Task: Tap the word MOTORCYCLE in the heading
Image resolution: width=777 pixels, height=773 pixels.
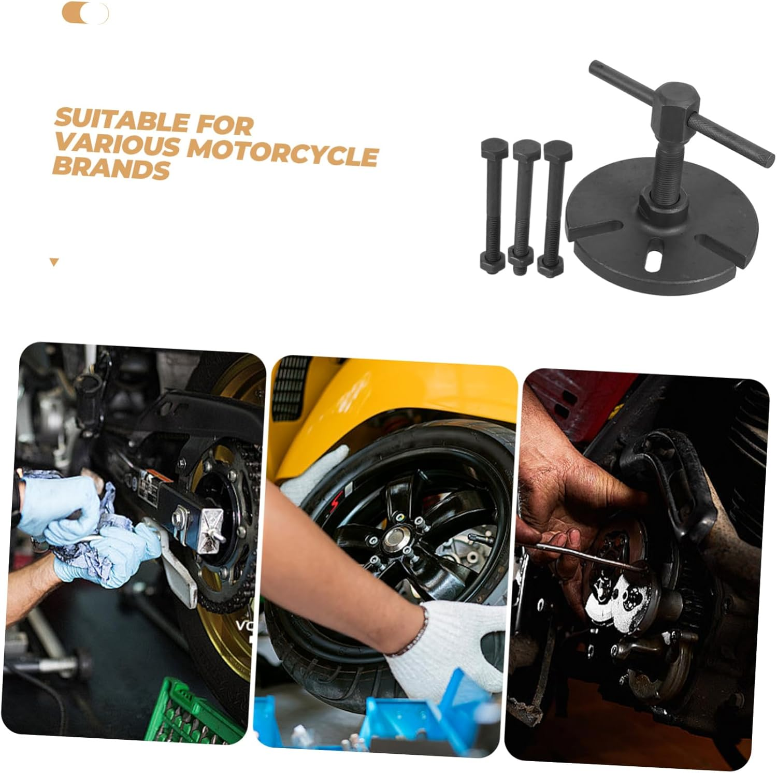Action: coord(282,153)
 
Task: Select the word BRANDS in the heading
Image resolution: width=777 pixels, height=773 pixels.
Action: coord(111,168)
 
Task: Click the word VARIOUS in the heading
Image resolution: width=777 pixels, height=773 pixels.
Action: coord(117,145)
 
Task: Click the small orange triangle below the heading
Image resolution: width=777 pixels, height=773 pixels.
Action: coord(54,262)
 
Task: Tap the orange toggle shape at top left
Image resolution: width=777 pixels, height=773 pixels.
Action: coord(85,13)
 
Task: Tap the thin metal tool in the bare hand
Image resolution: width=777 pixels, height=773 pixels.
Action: coord(585,555)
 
